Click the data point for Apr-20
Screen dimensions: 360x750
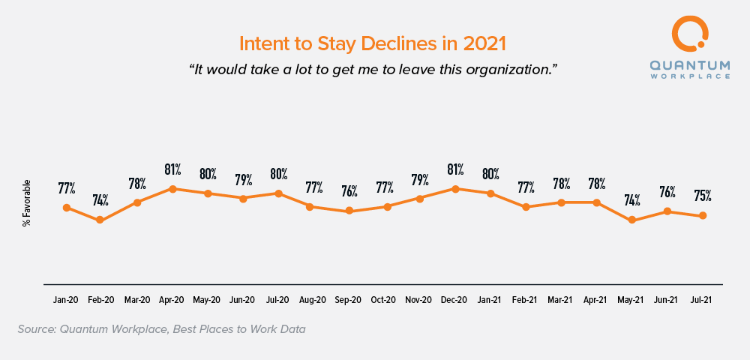coord(172,189)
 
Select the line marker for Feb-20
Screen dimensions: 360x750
coord(100,220)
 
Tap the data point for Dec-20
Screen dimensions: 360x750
coord(455,189)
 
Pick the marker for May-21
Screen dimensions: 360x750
coord(632,220)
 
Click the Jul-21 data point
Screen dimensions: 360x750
coord(703,216)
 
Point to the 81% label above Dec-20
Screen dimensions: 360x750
coord(455,169)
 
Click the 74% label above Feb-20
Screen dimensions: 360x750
coord(100,200)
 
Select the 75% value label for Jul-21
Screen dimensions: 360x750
coord(703,196)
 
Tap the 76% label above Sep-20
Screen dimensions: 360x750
coord(349,191)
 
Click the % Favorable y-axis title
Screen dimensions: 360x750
coord(27,202)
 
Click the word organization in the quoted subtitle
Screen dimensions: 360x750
coord(508,69)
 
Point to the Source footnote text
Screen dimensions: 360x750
coord(161,328)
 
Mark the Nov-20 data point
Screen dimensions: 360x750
coord(420,198)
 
